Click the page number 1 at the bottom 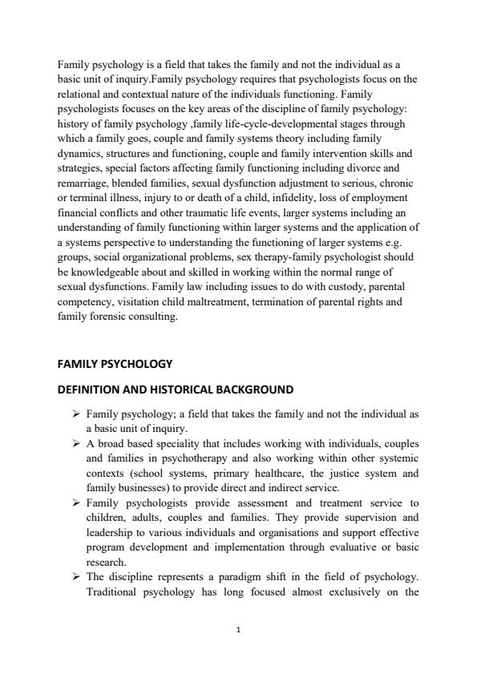(x=239, y=629)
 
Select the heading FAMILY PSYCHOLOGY (x=115, y=363)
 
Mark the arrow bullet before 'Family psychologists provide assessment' (x=76, y=503)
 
